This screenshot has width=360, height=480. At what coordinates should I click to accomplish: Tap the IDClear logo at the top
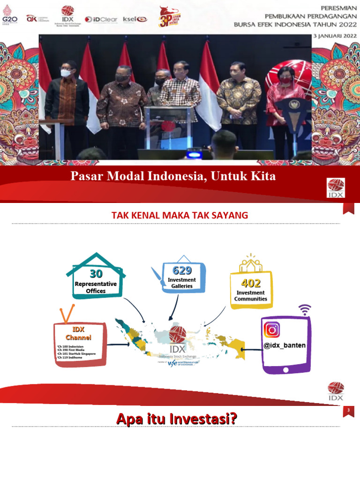pos(100,19)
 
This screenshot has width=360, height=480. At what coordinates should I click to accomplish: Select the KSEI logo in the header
pos(135,19)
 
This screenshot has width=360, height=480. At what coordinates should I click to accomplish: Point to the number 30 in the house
pos(96,274)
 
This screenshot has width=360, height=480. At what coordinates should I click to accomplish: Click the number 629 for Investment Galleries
pos(182,270)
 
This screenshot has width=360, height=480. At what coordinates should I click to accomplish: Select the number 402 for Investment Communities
pos(250,283)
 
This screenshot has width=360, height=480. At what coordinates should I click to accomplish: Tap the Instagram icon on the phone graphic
pos(272,330)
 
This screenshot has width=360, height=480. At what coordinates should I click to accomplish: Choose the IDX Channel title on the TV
pos(78,333)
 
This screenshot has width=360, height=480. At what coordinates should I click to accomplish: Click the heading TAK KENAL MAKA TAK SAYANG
pos(180,215)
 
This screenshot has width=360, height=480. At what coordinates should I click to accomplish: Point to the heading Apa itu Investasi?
pos(176,418)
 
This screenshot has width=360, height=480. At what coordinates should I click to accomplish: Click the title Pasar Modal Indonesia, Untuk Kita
pos(173,177)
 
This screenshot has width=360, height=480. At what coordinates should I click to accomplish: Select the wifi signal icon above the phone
pos(305,309)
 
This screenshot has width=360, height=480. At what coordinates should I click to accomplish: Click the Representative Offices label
pos(96,287)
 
